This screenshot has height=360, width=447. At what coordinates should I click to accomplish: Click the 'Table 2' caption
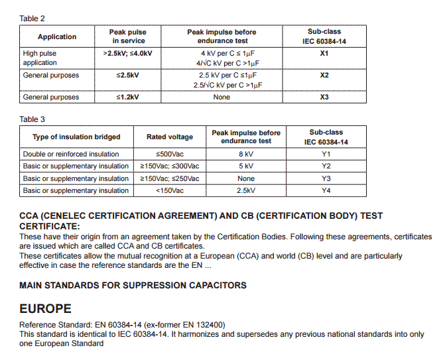click(32, 19)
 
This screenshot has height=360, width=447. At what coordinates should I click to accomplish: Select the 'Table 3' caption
click(32, 119)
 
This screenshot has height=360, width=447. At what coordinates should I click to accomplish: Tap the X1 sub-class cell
click(324, 54)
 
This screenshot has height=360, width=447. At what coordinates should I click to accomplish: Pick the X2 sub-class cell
click(324, 76)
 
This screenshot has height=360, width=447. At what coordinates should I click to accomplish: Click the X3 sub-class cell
click(324, 97)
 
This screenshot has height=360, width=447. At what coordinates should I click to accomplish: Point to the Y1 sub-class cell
click(326, 154)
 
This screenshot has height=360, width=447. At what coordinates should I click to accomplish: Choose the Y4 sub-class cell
click(326, 191)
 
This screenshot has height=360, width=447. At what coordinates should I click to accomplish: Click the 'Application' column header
click(57, 37)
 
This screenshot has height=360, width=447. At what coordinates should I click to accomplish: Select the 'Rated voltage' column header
click(170, 137)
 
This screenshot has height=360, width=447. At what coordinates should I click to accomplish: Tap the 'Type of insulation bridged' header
click(77, 137)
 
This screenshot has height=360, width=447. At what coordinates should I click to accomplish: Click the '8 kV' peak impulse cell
click(246, 154)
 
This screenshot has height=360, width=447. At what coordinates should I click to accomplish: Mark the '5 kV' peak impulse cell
click(246, 166)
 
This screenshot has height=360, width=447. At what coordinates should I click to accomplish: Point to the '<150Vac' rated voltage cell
click(170, 191)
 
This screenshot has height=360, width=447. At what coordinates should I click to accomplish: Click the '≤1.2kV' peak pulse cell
click(128, 97)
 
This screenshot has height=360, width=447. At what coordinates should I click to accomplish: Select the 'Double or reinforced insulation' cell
click(71, 154)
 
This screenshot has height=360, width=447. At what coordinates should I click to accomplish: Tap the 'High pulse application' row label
click(40, 58)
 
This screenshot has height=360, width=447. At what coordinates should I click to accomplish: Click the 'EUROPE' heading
click(45, 310)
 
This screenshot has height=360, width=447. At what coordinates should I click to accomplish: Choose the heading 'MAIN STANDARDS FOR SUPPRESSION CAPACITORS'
click(133, 286)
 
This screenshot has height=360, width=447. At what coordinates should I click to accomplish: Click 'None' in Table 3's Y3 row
click(246, 179)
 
